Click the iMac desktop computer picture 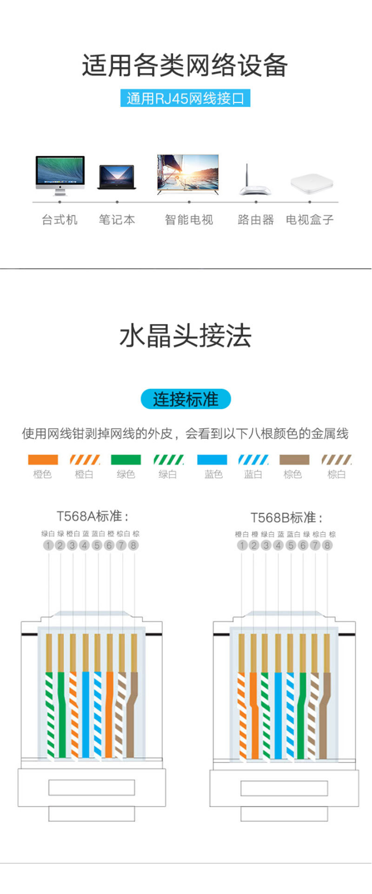(x=60, y=175)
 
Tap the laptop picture (x=117, y=177)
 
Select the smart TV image (x=188, y=175)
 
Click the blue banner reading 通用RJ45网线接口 (x=186, y=98)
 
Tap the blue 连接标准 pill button (x=186, y=399)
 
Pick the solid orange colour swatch (x=43, y=460)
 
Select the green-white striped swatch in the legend (x=168, y=460)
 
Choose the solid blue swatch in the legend (x=212, y=460)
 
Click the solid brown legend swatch (x=294, y=460)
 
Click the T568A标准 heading (x=93, y=516)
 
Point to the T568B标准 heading (x=286, y=518)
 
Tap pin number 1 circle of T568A (x=48, y=545)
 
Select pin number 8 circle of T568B (x=327, y=545)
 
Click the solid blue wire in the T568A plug (x=86, y=714)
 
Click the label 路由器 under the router (x=256, y=220)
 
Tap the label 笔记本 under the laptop (x=117, y=220)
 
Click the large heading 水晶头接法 (x=186, y=336)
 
